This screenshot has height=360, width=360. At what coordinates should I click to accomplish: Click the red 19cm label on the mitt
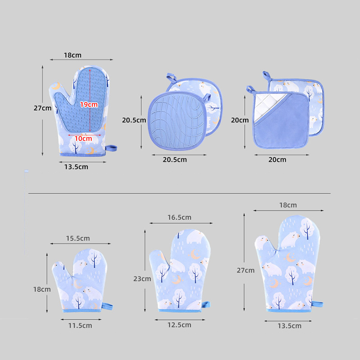[x=89, y=105]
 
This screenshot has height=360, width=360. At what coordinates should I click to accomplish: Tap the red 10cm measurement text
[x=83, y=139]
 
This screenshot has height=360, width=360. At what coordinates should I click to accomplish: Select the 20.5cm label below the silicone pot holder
[x=175, y=160]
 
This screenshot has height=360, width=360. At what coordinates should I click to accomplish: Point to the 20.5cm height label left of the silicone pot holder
[x=134, y=120]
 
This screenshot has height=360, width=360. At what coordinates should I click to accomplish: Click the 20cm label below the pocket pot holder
[x=277, y=160]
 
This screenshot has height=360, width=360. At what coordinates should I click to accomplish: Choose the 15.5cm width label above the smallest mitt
[x=78, y=238]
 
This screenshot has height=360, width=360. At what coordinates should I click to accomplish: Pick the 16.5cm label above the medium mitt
[x=179, y=217]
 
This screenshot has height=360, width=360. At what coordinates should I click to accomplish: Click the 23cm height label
[x=142, y=279]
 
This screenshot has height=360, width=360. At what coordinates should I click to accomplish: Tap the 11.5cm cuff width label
[x=80, y=325]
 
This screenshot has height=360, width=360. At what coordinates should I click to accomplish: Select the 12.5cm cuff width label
[x=179, y=325]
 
